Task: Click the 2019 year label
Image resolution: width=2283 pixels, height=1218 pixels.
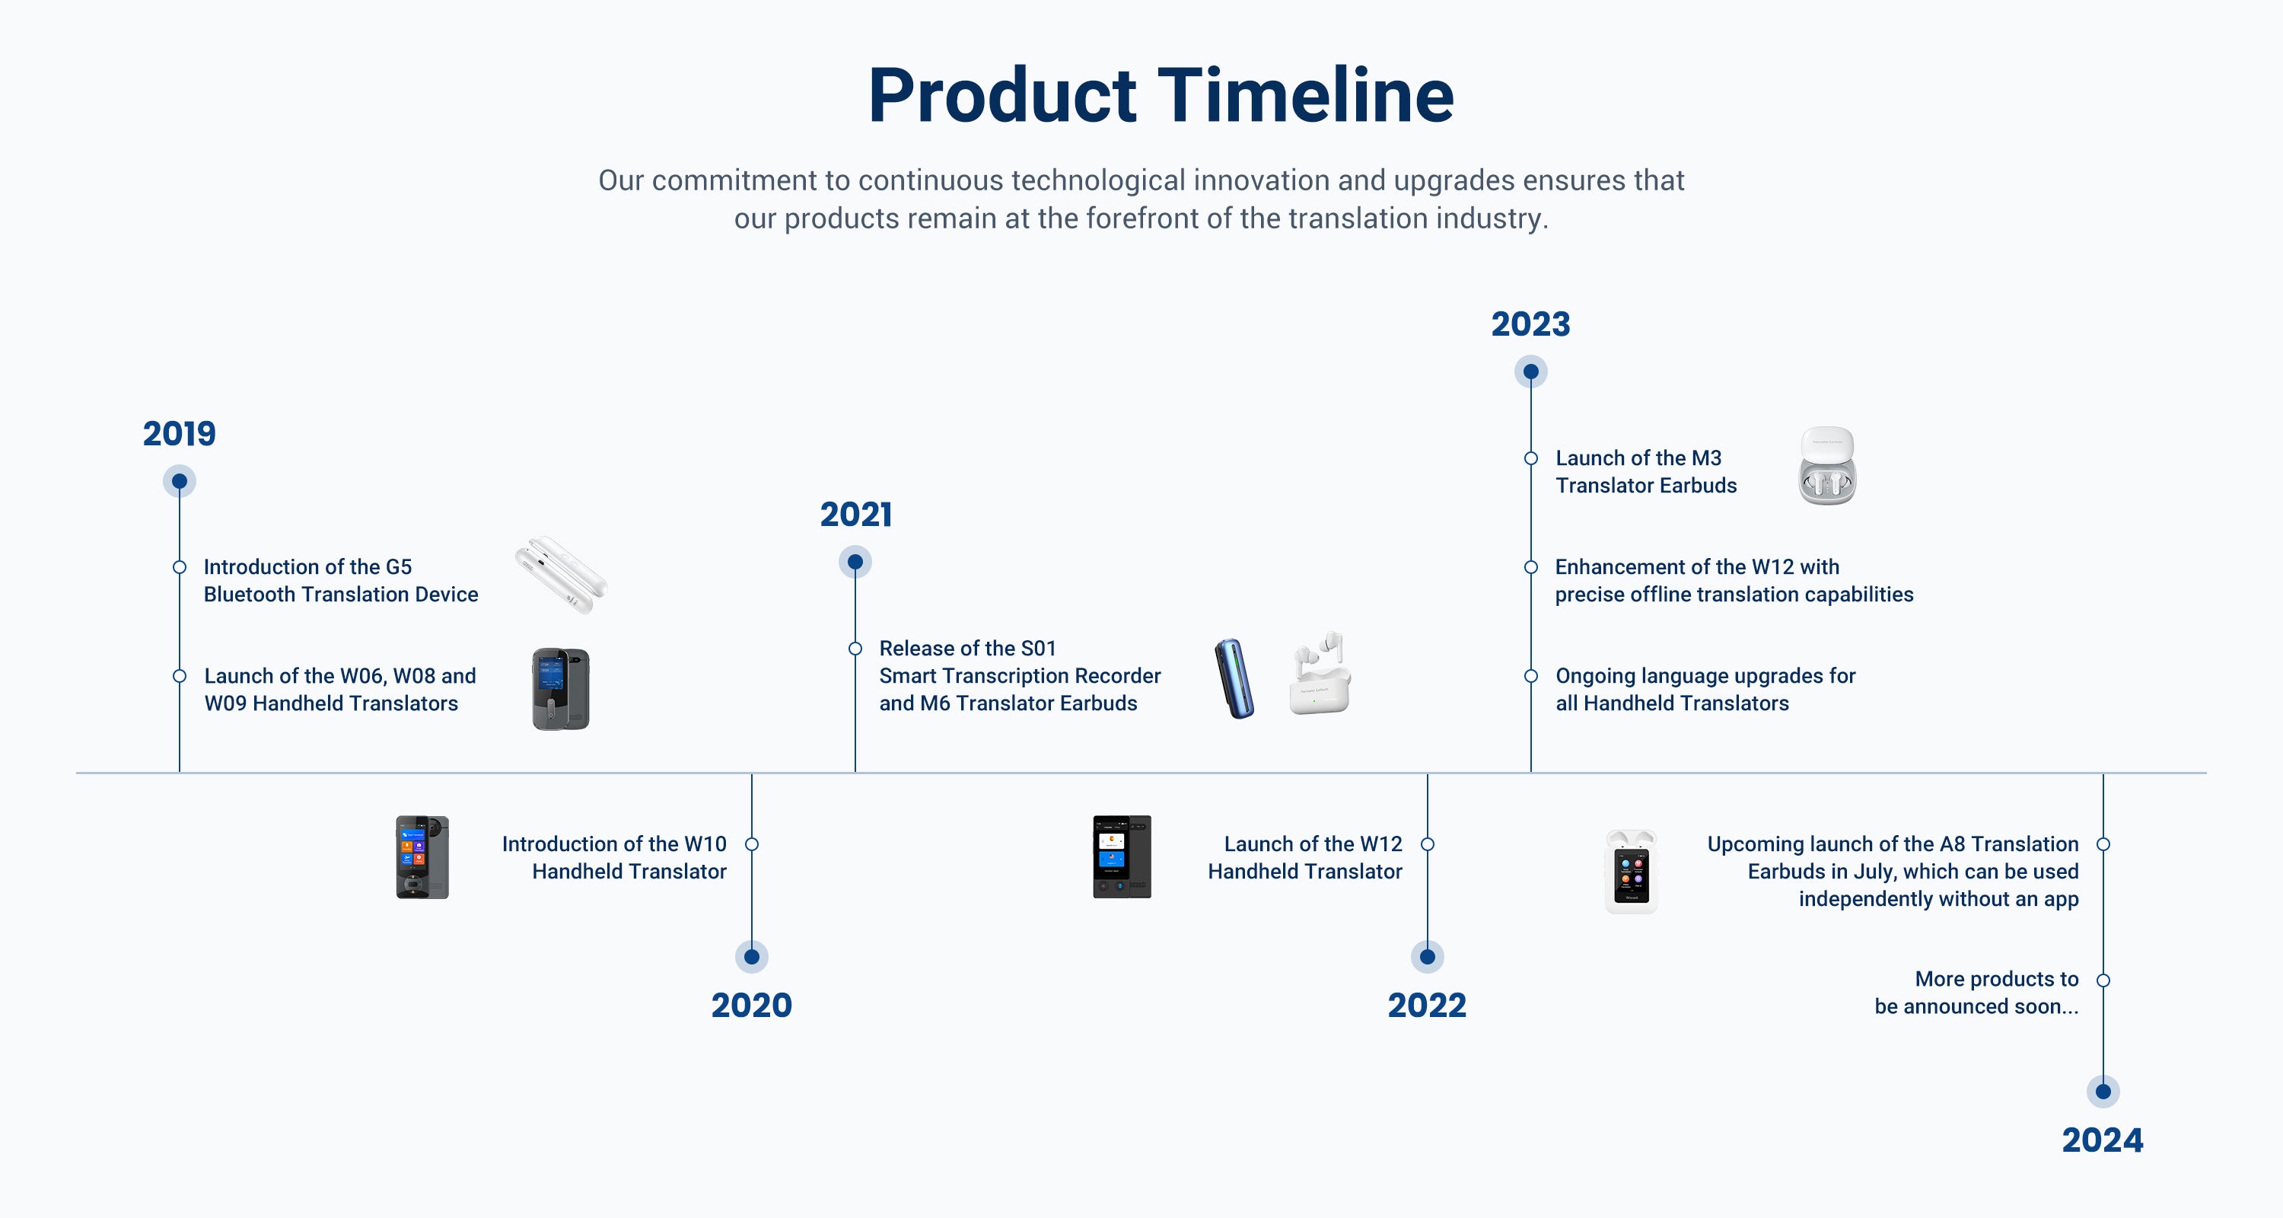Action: tap(179, 433)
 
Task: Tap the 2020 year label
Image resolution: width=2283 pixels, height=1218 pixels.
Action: tap(752, 1006)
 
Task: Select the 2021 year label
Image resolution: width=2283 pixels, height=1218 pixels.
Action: tap(855, 514)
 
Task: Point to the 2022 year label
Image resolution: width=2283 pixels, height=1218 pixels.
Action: tap(1427, 1006)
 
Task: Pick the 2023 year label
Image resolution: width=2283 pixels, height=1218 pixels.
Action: tap(1530, 324)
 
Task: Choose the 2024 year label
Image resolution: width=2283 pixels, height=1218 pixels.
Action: tap(2102, 1140)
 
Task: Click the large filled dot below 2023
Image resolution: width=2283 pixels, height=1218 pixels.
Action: tap(1530, 371)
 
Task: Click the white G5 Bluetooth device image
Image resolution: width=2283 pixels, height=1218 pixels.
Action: tap(561, 575)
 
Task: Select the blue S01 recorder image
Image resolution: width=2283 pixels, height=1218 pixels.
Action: tap(1234, 678)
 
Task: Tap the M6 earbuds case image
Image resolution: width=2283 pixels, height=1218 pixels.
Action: tap(1320, 673)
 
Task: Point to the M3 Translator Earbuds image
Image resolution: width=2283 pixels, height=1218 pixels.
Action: tap(1827, 467)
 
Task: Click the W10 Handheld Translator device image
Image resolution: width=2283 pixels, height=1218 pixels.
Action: tap(422, 857)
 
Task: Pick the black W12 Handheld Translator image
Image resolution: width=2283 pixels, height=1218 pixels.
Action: tap(1122, 857)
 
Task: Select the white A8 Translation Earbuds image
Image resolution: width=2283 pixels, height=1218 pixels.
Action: tap(1631, 872)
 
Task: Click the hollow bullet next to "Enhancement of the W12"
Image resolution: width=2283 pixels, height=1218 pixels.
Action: tap(1530, 567)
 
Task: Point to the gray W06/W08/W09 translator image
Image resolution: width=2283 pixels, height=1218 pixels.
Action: tap(561, 689)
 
